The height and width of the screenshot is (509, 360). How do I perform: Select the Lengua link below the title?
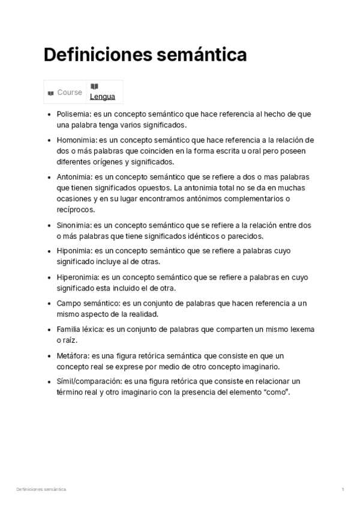pyautogui.click(x=103, y=97)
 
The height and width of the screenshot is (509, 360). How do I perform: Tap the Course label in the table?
pyautogui.click(x=70, y=92)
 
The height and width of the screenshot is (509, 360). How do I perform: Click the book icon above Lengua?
pyautogui.click(x=94, y=86)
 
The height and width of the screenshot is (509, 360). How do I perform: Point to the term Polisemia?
pyautogui.click(x=70, y=114)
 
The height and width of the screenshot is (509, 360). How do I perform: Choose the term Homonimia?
pyautogui.click(x=73, y=140)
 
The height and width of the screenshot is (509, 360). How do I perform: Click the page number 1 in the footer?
pyautogui.click(x=343, y=490)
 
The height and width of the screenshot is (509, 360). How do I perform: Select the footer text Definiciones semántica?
pyautogui.click(x=41, y=490)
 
